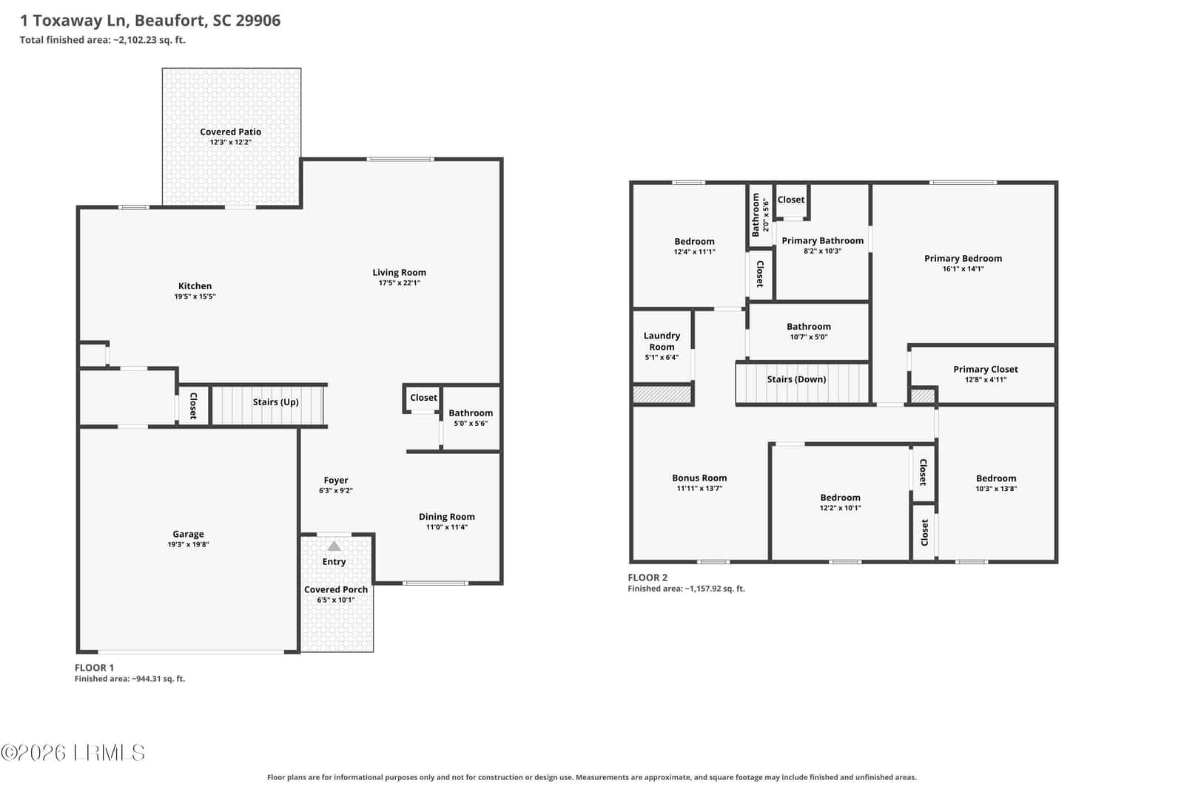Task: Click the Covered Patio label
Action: (230, 132)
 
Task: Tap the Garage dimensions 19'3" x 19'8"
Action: (188, 544)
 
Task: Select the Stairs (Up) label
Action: (275, 402)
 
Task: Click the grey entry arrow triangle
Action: (334, 546)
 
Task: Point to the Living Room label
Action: (399, 273)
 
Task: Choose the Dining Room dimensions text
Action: (447, 527)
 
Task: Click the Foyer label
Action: (336, 480)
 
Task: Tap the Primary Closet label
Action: (985, 369)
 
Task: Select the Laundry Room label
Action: (662, 341)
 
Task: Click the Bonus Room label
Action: (699, 478)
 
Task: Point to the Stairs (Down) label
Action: (796, 379)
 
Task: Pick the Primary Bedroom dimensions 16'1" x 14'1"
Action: (963, 269)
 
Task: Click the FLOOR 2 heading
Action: (647, 578)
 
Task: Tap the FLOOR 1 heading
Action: (94, 668)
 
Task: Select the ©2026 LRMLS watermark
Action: (73, 753)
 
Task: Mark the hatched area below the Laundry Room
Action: (662, 394)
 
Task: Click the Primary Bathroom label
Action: (822, 241)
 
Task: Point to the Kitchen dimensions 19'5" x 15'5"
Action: (195, 297)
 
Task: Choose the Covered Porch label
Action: (336, 589)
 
